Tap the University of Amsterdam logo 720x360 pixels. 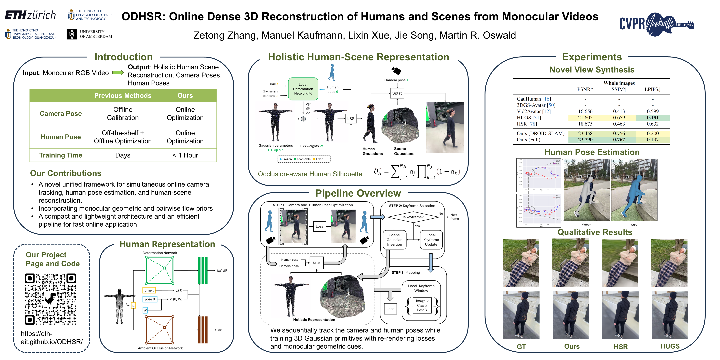coord(89,34)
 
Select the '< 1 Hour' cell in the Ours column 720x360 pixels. coord(185,155)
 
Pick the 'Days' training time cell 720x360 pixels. coord(123,155)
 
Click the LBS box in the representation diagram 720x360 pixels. coord(350,118)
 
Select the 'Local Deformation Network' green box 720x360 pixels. coord(303,89)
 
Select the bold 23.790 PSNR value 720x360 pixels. coord(585,140)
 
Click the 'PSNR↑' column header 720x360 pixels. coord(585,89)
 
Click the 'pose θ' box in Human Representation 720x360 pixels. coord(150,299)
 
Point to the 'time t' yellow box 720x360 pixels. coord(149,290)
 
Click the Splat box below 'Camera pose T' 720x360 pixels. coord(397,93)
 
